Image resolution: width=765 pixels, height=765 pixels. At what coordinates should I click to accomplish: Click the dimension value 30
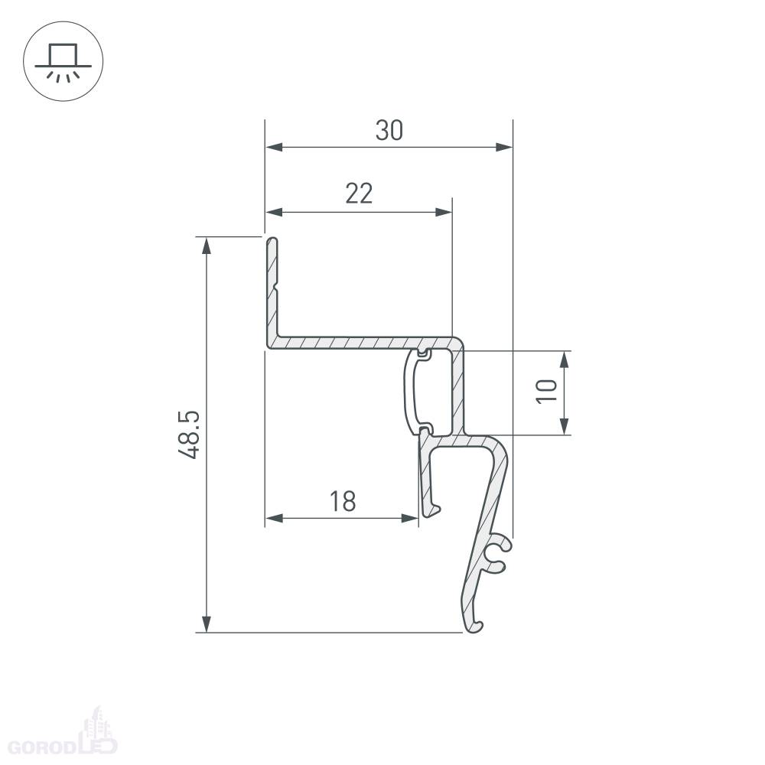pyautogui.click(x=389, y=130)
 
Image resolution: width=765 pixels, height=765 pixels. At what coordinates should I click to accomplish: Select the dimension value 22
pyautogui.click(x=359, y=194)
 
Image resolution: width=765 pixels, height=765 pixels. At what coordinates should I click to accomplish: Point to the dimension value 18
pyautogui.click(x=343, y=501)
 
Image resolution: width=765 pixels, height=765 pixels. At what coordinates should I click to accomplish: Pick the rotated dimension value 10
pyautogui.click(x=546, y=391)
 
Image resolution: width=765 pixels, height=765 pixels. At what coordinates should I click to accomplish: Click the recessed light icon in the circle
pyautogui.click(x=63, y=61)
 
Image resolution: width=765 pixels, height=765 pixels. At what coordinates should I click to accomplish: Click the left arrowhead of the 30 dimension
pyautogui.click(x=274, y=147)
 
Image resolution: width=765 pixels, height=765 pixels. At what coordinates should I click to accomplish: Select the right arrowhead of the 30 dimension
pyautogui.click(x=504, y=147)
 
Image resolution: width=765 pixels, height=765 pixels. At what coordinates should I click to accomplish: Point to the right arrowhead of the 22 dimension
pyautogui.click(x=444, y=212)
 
